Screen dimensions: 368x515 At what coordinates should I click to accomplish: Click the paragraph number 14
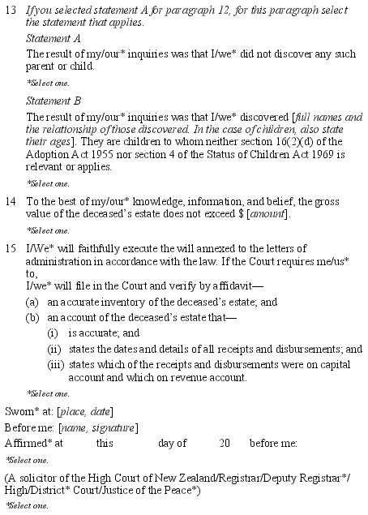click(x=11, y=200)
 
